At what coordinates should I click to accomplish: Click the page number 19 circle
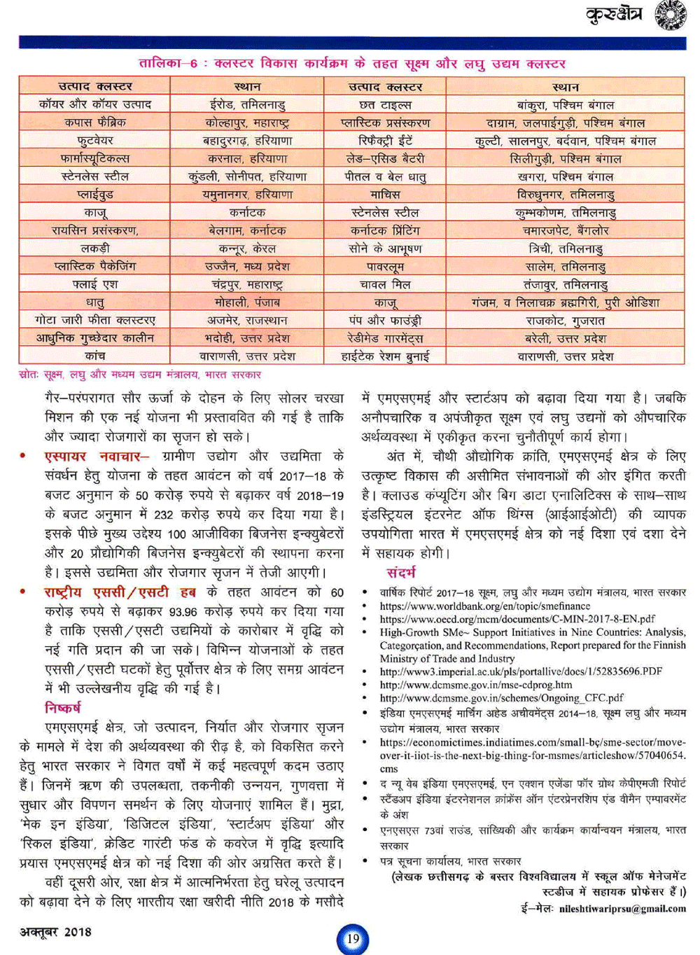[x=352, y=939]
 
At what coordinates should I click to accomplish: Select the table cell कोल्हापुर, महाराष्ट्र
[x=247, y=123]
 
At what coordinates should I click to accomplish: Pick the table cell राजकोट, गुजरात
[x=566, y=321]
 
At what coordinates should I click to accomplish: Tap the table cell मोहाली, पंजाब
[x=247, y=302]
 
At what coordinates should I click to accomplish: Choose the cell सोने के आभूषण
[x=385, y=249]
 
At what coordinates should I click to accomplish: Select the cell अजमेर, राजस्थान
[x=247, y=321]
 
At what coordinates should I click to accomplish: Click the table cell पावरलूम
[x=385, y=267]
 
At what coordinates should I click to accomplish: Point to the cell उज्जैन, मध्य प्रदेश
[x=247, y=267]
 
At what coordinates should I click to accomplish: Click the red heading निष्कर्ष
[x=63, y=707]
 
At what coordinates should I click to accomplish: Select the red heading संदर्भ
[x=402, y=572]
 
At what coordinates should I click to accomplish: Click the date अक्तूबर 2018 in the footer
[x=56, y=932]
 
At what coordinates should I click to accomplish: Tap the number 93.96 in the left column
[x=183, y=612]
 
